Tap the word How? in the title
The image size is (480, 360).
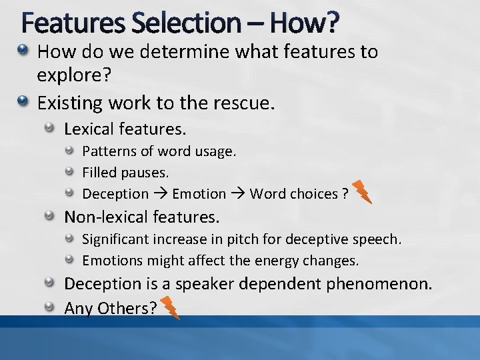[304, 24]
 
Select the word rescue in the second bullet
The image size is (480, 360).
[241, 103]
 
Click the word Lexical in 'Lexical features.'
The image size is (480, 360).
[89, 127]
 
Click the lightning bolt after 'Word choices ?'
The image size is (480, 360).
[362, 192]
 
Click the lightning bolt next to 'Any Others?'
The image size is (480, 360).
[170, 308]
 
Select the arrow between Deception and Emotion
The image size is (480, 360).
[160, 194]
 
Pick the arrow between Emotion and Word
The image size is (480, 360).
[238, 194]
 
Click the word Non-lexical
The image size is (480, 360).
[106, 217]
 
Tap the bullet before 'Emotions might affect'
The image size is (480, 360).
[69, 260]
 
